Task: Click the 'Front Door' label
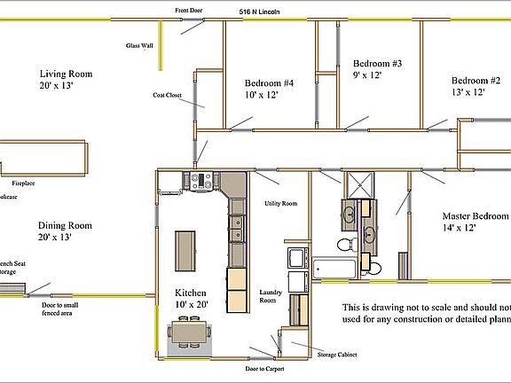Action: [x=190, y=12]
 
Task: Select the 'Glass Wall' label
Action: [x=138, y=45]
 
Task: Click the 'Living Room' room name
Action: [x=65, y=74]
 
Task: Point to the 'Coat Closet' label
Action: [x=169, y=94]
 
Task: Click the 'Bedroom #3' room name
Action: [x=377, y=64]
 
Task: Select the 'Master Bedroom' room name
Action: [x=476, y=216]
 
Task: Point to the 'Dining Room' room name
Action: [x=67, y=224]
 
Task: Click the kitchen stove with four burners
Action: [x=200, y=182]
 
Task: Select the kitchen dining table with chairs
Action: [x=190, y=332]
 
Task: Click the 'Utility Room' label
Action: [x=280, y=204]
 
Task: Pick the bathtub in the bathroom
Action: [x=334, y=264]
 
